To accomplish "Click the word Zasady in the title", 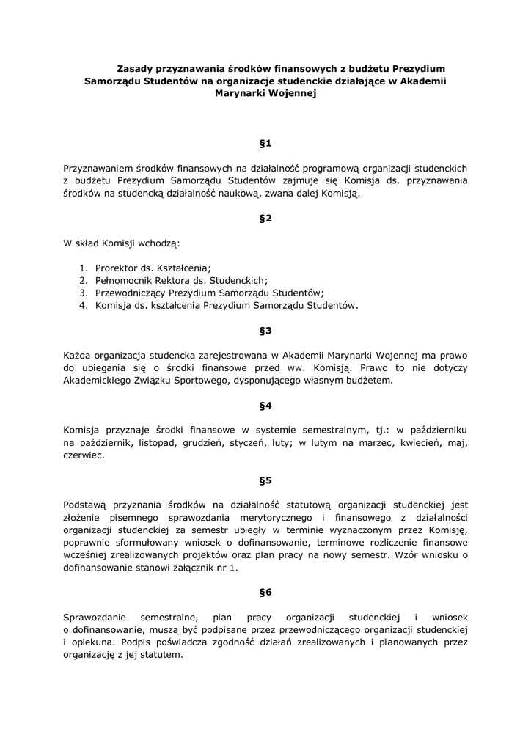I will point(137,67).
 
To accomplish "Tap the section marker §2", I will point(265,219).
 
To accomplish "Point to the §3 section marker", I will point(265,331).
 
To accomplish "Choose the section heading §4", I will point(265,406).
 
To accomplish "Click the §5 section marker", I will point(265,480).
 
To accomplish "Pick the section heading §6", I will point(265,592).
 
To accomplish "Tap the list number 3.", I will point(84,293).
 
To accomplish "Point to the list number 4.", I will point(84,305).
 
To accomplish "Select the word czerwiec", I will point(84,455).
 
